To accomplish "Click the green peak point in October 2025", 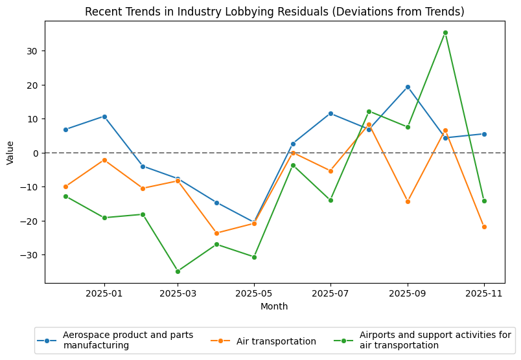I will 445,32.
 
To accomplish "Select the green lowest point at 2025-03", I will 178,271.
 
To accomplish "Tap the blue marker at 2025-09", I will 408,87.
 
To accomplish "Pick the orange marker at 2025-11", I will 484,227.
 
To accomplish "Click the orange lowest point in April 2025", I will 216,233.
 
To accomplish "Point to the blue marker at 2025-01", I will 104,117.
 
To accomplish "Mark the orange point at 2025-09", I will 408,201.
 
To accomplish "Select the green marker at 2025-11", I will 484,201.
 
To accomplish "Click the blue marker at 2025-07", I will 330,113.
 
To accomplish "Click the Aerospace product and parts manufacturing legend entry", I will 128,341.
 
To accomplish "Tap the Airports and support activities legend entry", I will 435,341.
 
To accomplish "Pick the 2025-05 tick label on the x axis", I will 254,294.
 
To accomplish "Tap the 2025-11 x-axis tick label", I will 484,294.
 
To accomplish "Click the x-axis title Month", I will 274,306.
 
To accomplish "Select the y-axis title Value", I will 10,153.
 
